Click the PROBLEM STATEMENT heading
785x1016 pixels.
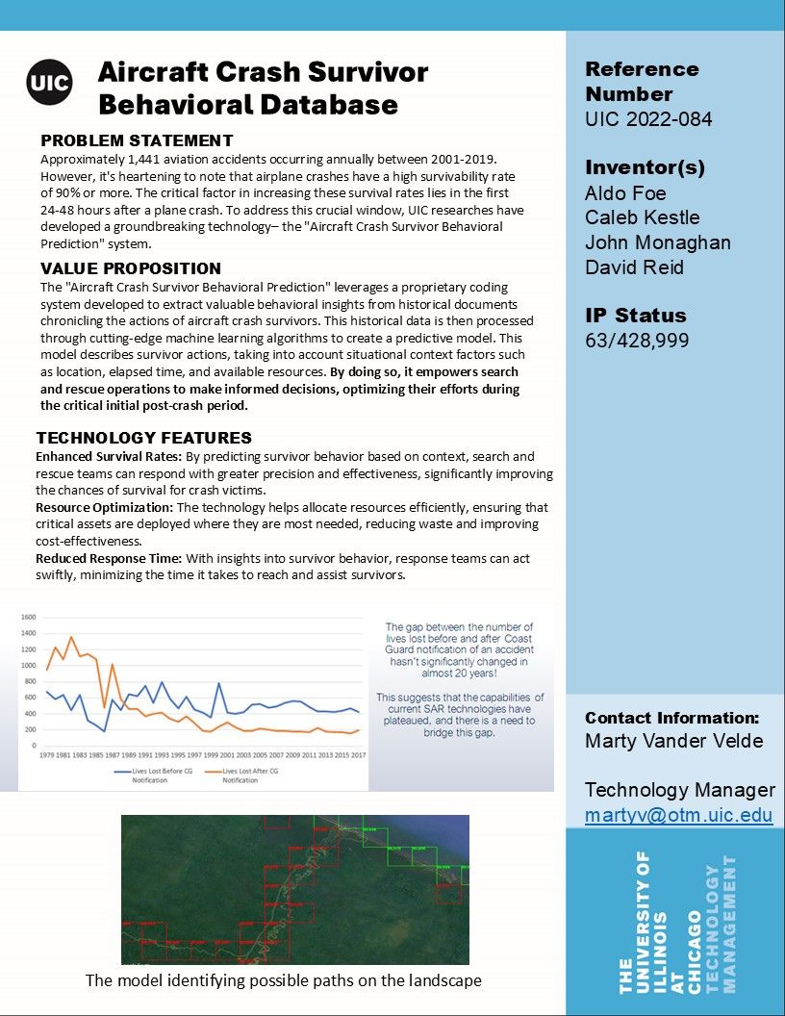tap(137, 141)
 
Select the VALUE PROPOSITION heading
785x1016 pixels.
tap(131, 268)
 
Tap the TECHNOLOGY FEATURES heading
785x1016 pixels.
tap(144, 438)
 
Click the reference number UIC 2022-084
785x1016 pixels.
tap(648, 119)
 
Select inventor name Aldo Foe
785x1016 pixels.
tap(625, 193)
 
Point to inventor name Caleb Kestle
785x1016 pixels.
tap(642, 217)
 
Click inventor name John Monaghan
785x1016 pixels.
tap(657, 242)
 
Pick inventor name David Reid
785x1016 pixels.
tap(634, 267)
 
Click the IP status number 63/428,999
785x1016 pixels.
tap(637, 341)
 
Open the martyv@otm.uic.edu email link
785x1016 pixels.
tap(678, 815)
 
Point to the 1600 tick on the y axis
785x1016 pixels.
tap(28, 618)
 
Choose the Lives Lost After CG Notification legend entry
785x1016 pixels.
tap(247, 775)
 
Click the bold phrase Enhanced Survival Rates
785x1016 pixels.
tap(106, 456)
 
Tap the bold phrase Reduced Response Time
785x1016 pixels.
tap(109, 558)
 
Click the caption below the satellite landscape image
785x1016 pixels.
tap(283, 980)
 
